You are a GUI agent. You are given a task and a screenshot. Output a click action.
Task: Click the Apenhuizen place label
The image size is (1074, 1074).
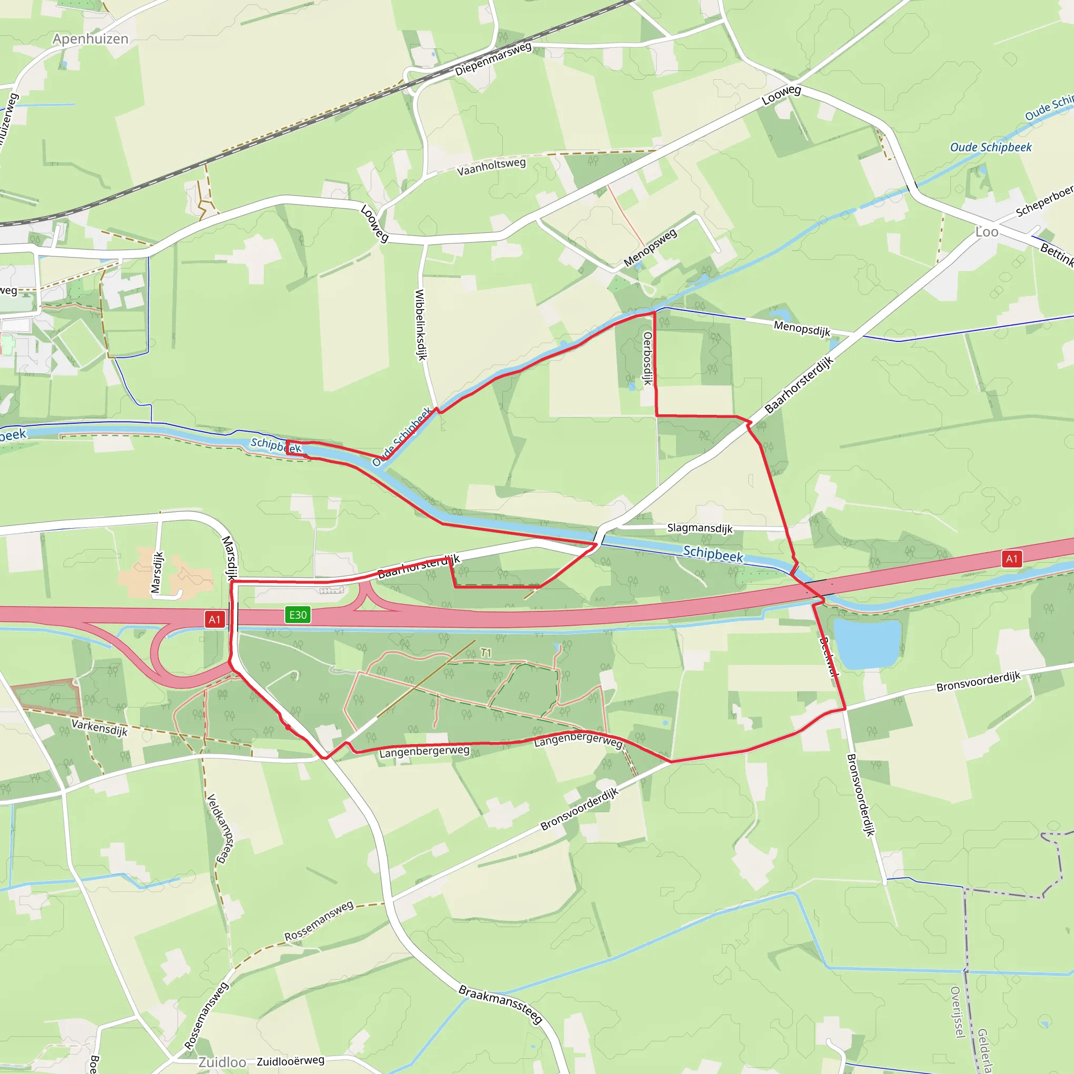coord(91,39)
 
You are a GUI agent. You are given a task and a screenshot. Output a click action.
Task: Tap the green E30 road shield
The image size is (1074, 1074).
coord(297,615)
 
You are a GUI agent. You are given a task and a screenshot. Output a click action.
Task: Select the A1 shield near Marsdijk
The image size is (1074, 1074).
coord(214,619)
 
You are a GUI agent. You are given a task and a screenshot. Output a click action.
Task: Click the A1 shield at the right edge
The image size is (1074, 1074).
coord(1012,559)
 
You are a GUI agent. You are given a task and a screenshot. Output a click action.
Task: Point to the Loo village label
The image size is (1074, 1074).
coord(987,232)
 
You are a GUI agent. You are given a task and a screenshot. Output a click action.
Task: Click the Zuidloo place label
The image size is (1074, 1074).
coord(222,1062)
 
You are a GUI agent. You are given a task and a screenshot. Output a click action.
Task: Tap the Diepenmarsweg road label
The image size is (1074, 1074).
coord(493,59)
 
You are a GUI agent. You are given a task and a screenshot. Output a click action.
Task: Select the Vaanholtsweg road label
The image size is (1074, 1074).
coord(491,167)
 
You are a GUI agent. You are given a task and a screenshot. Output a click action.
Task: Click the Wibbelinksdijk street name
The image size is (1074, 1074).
coord(421,325)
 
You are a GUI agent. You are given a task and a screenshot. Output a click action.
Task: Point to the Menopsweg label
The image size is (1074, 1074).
coord(650,247)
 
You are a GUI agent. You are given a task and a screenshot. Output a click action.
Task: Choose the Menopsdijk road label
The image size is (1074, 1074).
coord(802,328)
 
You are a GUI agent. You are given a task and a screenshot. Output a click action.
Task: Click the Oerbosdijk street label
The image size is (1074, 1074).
coord(647,358)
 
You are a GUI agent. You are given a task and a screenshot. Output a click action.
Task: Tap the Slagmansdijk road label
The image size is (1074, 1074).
coord(700,528)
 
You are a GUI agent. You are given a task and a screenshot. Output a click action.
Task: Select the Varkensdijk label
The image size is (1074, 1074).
coord(100,727)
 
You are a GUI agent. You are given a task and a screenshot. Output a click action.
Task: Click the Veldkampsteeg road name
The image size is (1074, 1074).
coord(220,829)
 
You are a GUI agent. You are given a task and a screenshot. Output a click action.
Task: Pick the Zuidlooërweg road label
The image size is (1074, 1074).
coord(290,1061)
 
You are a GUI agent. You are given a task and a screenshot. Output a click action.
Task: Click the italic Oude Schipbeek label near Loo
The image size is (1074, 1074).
coord(991,147)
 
